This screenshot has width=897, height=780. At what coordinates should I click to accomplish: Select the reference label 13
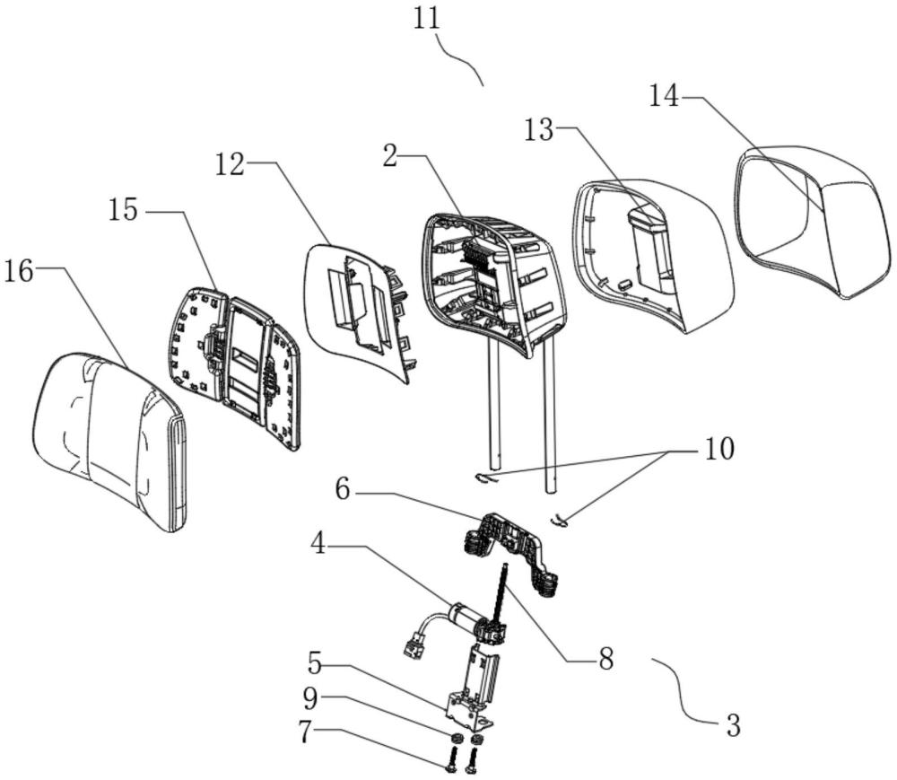539,130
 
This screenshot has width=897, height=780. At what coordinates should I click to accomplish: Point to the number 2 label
390,155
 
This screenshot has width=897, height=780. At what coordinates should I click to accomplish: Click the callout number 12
230,165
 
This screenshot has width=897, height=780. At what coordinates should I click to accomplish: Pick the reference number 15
124,211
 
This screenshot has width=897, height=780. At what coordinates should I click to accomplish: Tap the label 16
19,271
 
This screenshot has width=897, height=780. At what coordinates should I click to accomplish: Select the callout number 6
343,490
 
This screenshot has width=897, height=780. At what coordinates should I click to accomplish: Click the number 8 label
605,659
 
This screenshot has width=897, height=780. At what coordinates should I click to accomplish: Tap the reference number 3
733,724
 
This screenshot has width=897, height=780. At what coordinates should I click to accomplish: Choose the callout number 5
315,663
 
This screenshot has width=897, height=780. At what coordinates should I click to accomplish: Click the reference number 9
310,697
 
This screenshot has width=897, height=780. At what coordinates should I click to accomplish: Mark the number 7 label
307,732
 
